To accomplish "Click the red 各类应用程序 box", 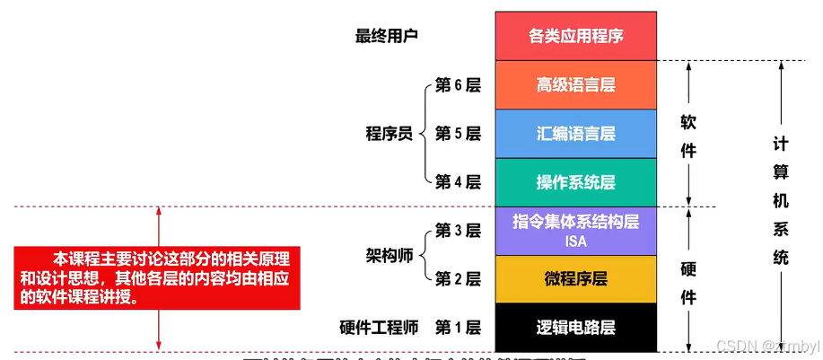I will click(575, 37).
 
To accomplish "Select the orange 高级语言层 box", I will click(575, 85).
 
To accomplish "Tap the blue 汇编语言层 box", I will click(575, 134).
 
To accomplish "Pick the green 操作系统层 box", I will click(575, 182).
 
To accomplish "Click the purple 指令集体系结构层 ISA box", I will click(575, 231).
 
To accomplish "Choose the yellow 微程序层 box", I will click(575, 279).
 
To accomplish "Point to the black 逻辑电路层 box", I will click(575, 328).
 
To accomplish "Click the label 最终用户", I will click(388, 37).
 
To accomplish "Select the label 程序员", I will click(389, 134).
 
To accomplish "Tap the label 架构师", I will click(389, 255).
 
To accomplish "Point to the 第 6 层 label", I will click(458, 85).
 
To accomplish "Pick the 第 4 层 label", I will click(458, 182).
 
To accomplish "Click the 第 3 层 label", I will click(458, 231).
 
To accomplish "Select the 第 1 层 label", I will click(458, 328).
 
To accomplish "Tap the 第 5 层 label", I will click(458, 134).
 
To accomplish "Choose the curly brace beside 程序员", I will click(425, 134).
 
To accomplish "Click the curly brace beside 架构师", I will click(425, 255).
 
